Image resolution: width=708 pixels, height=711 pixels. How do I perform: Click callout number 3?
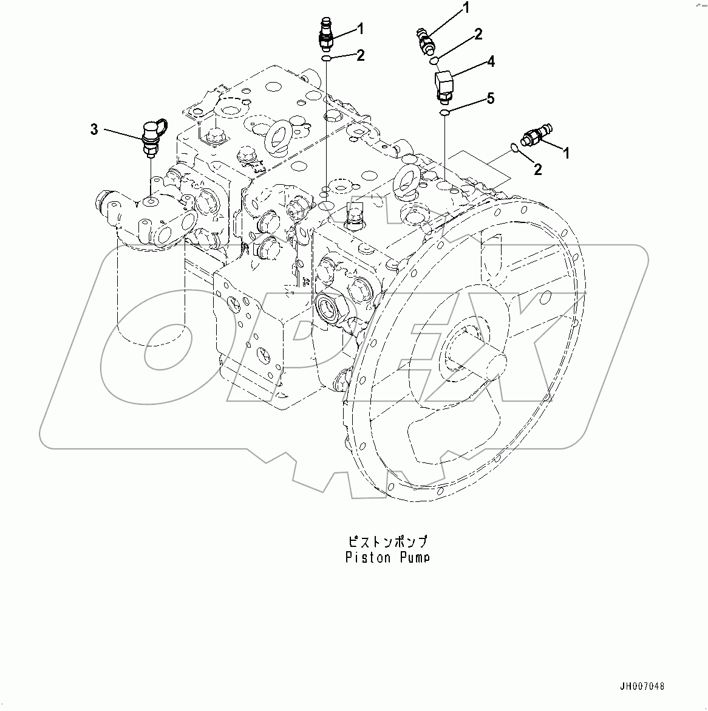click(x=94, y=129)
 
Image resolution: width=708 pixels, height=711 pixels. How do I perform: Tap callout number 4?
click(x=490, y=61)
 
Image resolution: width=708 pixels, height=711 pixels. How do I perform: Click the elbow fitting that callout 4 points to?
click(x=443, y=84)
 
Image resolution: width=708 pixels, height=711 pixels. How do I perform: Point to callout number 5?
click(x=490, y=98)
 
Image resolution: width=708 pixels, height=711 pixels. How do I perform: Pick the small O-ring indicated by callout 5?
click(x=444, y=112)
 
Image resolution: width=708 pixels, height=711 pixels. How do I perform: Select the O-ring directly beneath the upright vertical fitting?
click(x=327, y=58)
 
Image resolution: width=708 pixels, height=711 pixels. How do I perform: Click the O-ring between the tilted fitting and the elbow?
click(x=434, y=60)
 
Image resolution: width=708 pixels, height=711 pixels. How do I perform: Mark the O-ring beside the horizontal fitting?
click(x=513, y=147)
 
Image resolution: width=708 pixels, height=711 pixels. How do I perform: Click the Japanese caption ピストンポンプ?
click(x=387, y=541)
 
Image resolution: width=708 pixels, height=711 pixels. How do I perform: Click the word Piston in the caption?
click(x=367, y=557)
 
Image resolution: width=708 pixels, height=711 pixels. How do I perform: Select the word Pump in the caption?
click(x=414, y=557)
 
